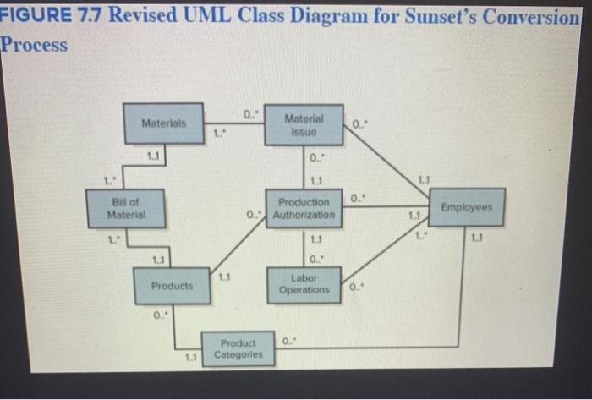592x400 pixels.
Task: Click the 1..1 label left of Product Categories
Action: click(x=193, y=358)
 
